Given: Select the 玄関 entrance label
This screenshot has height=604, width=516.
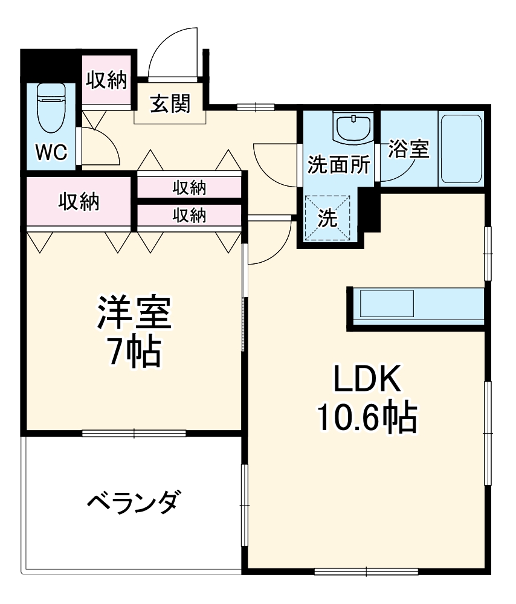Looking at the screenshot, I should (170, 104).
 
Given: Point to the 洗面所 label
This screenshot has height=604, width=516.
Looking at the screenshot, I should (338, 165).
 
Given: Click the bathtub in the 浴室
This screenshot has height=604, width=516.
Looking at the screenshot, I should (461, 149).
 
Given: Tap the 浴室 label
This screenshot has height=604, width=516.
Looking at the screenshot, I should (408, 149).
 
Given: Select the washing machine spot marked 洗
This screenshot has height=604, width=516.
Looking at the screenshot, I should (328, 218).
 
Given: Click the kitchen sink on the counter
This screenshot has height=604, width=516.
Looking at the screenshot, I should (387, 304).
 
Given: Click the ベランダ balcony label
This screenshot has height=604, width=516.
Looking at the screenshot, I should (134, 502).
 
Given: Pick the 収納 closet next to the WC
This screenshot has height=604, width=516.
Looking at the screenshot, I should (106, 80).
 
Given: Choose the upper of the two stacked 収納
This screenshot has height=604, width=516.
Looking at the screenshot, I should (190, 187).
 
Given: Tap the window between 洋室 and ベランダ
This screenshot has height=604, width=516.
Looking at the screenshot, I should (134, 432).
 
